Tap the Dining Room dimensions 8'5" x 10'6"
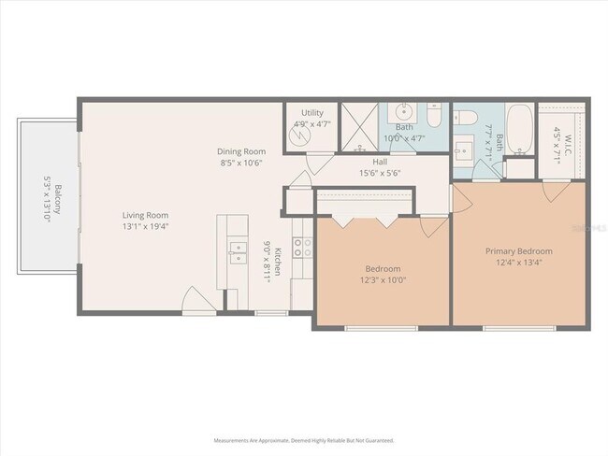241,163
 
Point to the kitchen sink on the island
234,252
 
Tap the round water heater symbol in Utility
297,136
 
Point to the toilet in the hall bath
434,116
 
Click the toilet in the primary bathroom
468,117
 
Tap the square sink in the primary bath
465,149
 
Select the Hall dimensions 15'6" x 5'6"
380,172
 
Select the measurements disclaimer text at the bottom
303,439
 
